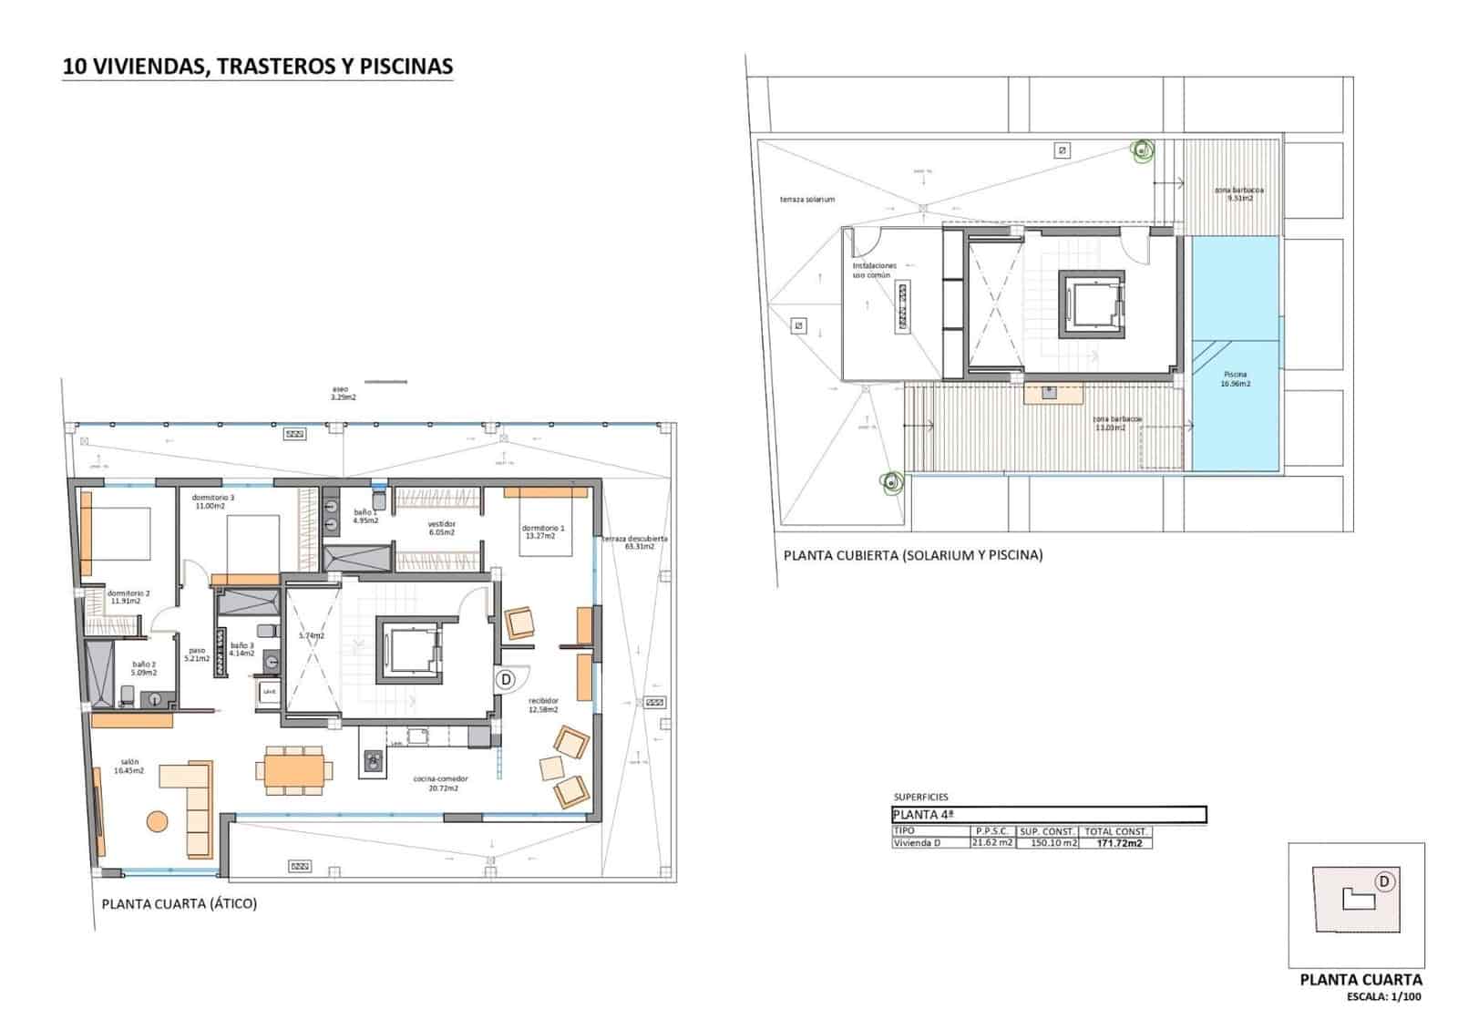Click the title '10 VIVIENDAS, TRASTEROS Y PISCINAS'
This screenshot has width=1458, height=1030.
(x=257, y=67)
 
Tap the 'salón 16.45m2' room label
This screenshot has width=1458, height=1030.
(x=128, y=767)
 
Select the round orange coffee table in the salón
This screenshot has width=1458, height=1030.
(x=158, y=821)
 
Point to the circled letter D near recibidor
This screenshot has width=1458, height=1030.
(x=507, y=679)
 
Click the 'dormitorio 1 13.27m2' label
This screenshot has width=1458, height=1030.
(x=543, y=532)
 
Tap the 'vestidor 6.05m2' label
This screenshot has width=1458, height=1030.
(x=441, y=529)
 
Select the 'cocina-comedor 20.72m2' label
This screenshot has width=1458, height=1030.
(x=440, y=783)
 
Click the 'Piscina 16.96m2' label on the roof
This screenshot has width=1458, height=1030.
(x=1235, y=379)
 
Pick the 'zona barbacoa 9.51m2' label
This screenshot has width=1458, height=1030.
(x=1238, y=194)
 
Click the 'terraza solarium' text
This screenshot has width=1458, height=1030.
(x=806, y=200)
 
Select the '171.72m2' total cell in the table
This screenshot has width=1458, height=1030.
(x=1116, y=843)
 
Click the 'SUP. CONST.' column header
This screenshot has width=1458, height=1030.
(x=1048, y=831)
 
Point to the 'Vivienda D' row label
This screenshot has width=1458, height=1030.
(x=917, y=843)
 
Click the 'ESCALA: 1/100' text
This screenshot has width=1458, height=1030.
(x=1384, y=996)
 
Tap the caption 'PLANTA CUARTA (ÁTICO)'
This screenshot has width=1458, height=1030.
(x=180, y=904)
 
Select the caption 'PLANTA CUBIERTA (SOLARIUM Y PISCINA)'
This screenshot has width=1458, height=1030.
(x=913, y=554)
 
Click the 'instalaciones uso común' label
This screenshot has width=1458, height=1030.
(x=875, y=270)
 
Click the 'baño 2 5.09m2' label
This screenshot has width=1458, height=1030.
(x=144, y=668)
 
